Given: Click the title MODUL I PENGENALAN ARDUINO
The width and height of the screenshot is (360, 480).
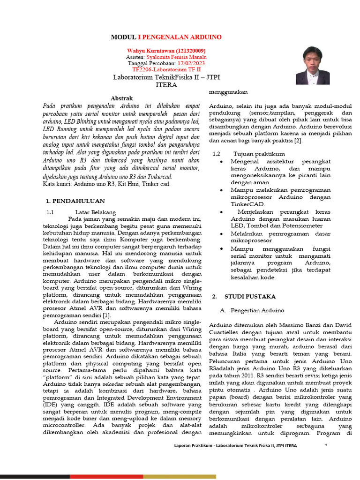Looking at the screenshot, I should click(166, 37).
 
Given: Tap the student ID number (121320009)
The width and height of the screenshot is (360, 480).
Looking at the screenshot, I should click(190, 51).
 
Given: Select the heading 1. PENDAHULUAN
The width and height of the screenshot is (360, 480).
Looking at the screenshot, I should click(75, 201).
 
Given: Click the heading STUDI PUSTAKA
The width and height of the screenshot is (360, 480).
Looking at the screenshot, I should click(250, 297).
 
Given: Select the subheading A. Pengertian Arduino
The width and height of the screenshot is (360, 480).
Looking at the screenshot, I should click(252, 310).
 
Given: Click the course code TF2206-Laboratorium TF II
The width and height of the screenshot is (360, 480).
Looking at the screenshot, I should click(166, 69).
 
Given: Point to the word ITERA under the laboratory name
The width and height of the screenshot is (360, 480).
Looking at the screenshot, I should click(166, 85).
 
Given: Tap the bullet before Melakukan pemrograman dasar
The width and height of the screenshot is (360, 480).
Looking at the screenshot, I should click(222, 233).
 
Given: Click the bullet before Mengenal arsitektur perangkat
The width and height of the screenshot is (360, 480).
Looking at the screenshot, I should click(222, 162).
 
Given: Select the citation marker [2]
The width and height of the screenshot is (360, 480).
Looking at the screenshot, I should click(298, 140).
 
